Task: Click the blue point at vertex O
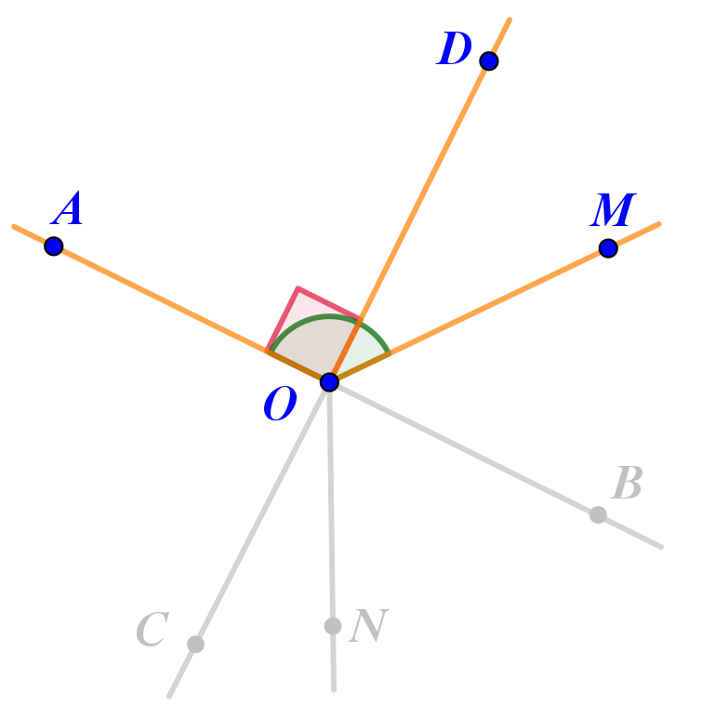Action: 329,381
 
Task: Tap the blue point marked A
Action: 54,246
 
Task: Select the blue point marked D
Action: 489,61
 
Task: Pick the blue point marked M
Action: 608,248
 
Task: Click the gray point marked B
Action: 598,514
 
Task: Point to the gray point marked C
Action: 195,644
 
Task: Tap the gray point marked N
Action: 333,626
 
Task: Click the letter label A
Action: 69,210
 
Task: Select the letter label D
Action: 455,50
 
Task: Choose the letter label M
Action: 613,211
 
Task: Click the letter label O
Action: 280,406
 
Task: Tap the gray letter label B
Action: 627,484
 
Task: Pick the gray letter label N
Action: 368,628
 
